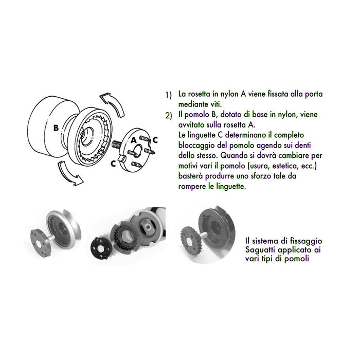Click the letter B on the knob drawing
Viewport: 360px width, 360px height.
(55, 128)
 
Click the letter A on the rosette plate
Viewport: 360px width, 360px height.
(134, 139)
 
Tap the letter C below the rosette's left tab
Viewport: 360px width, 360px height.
(113, 164)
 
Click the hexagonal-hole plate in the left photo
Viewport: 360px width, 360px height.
(39, 240)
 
